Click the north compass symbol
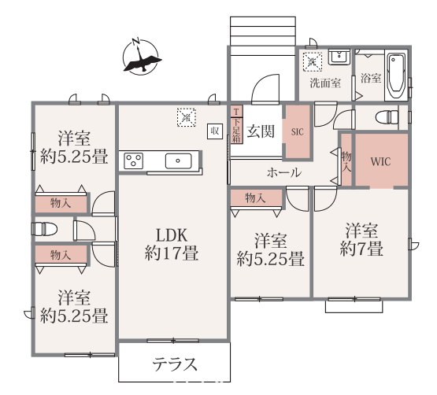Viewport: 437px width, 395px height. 141,57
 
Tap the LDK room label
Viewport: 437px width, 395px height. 172,235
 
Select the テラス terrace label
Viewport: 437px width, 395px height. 175,364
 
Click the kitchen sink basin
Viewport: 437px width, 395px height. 179,161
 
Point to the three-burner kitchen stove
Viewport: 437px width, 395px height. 133,161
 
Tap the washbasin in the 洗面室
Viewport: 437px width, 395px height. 339,57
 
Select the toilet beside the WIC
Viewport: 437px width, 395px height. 387,117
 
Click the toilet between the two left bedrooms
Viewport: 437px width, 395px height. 45,229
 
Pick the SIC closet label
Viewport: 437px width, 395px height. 297,131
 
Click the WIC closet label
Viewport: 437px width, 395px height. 380,161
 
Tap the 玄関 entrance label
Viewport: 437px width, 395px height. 261,131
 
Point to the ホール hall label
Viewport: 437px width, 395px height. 284,172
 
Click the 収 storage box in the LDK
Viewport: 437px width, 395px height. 215,131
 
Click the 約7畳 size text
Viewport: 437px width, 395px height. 361,249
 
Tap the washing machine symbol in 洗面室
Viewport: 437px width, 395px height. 313,61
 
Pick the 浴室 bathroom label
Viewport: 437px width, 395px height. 371,78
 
